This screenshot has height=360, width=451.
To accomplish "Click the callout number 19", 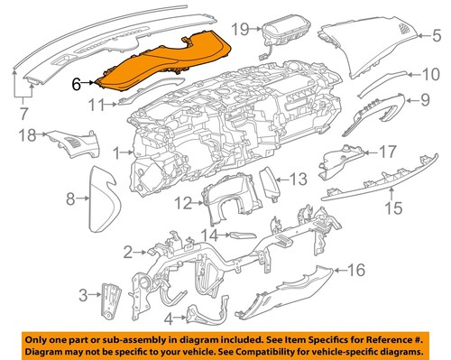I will coord(238,30).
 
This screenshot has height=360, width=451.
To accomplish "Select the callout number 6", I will coord(77,83).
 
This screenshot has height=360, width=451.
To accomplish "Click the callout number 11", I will coord(97,106).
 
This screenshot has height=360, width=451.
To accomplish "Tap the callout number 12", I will coord(182,203).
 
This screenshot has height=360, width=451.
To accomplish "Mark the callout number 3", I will coord(83,294).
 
